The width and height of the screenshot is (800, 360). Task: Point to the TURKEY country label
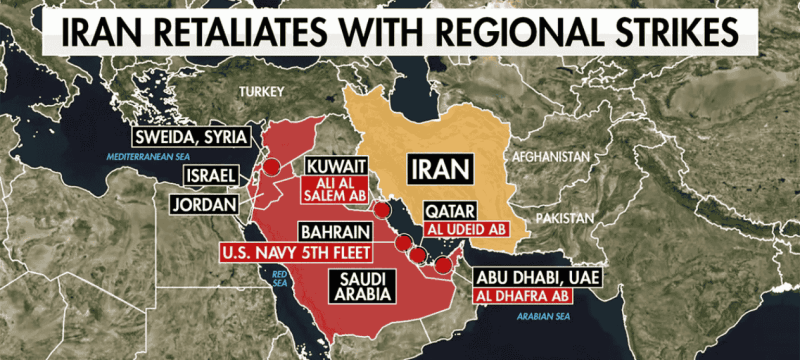point(262,91)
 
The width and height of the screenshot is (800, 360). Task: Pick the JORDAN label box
point(207,205)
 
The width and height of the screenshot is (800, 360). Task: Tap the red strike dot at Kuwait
point(381,212)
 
